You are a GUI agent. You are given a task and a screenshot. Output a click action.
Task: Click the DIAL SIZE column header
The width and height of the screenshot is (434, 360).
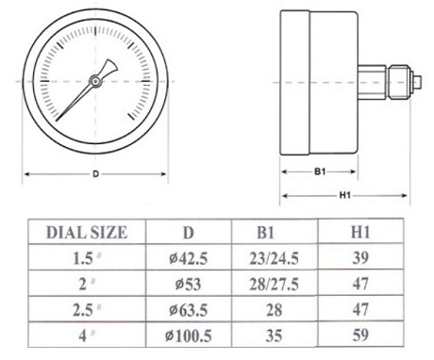click(87, 233)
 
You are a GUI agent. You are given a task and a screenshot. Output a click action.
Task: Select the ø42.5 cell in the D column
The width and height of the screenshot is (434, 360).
click(188, 258)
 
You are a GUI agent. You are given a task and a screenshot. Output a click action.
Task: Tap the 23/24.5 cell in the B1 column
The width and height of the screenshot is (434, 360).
click(274, 258)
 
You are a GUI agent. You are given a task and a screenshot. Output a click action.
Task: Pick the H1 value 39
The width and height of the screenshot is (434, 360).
click(360, 258)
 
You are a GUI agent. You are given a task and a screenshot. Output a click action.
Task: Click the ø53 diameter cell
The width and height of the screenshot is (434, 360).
click(188, 285)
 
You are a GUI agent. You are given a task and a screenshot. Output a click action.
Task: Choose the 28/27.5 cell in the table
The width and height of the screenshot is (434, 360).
click(274, 285)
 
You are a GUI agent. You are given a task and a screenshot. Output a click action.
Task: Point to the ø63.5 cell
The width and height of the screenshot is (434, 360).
click(188, 310)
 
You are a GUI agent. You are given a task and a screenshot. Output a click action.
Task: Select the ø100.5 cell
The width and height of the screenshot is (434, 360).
click(188, 335)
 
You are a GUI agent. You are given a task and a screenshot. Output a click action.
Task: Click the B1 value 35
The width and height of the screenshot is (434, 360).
click(274, 335)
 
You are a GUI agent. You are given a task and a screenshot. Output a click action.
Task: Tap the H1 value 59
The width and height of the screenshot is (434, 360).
click(360, 335)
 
